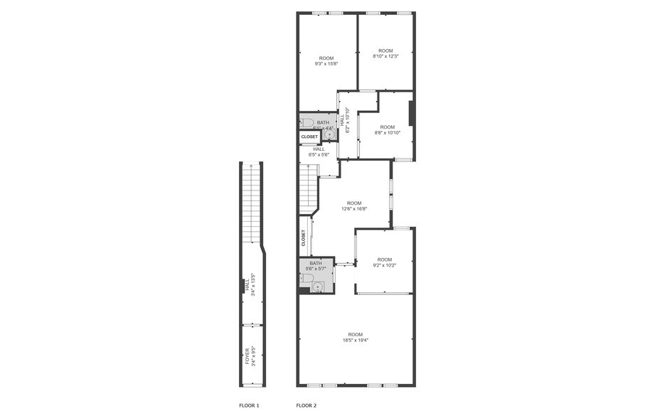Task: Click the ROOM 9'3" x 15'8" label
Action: [x=326, y=61]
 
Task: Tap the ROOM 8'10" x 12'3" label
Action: [x=385, y=53]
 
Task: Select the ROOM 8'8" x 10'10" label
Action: [x=387, y=130]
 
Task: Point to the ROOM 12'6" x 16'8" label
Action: [x=353, y=206]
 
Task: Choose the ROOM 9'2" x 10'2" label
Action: [x=385, y=262]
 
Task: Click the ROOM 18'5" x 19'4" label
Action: [x=355, y=337]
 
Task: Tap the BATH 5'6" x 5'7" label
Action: [x=315, y=266]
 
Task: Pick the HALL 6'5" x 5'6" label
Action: [x=319, y=151]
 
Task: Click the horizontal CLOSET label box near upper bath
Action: [x=309, y=136]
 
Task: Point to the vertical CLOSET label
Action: [x=304, y=238]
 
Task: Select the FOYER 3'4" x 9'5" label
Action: [x=250, y=355]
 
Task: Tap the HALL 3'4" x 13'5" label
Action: [x=250, y=286]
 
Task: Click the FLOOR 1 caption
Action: [x=249, y=405]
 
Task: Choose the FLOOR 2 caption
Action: [x=307, y=405]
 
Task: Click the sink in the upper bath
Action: [x=328, y=134]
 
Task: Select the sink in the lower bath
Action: [x=317, y=286]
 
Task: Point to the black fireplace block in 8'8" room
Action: [x=411, y=113]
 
